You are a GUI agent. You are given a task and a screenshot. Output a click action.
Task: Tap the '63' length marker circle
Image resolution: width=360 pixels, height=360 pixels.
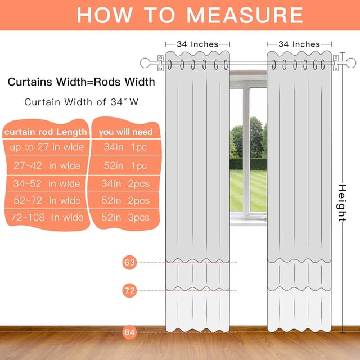pos(130,262)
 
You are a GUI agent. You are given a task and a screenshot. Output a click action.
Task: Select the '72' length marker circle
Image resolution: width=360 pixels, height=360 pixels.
pos(130,290)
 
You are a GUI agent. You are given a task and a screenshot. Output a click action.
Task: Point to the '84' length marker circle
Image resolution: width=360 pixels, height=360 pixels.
pos(130,332)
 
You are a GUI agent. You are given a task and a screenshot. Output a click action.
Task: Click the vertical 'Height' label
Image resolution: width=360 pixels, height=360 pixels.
pos(341,202)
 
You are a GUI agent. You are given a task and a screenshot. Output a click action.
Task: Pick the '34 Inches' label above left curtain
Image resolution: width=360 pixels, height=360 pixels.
pos(197,44)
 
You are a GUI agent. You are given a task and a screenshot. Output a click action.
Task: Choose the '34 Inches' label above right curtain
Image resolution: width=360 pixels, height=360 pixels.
pos(299,44)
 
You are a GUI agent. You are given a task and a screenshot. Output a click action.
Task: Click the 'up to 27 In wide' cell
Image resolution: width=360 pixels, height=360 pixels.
pos(46,148)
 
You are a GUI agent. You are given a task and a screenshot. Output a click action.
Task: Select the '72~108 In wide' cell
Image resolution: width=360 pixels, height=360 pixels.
pos(46,217)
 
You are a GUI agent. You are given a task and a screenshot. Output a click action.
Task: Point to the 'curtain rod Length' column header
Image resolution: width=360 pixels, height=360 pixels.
pos(46,132)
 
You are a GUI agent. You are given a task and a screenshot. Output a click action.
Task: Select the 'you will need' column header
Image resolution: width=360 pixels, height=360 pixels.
pos(126,132)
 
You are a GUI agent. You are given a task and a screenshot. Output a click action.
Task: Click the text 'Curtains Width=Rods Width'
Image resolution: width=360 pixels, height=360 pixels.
pos(81,82)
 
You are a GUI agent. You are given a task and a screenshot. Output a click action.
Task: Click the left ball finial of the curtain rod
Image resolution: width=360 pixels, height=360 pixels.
pos(145,62)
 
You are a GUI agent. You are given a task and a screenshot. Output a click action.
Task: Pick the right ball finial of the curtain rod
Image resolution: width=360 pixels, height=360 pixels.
pos(350,62)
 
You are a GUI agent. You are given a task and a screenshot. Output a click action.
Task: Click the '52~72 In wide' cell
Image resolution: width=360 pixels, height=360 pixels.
pos(46,200)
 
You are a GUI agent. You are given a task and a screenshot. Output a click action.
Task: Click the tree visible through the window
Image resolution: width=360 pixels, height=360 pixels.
pos(256,138)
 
